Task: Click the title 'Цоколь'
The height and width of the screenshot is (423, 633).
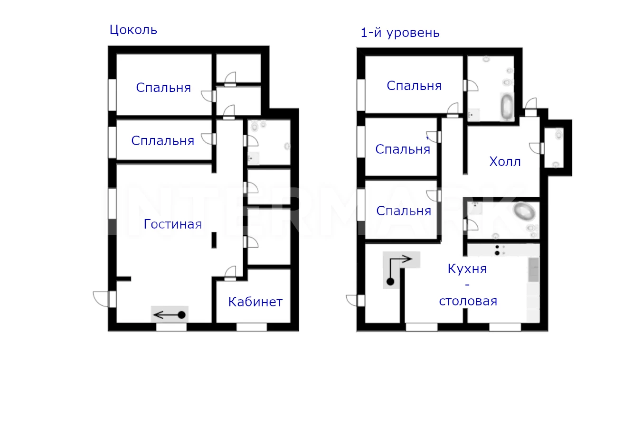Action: (133, 30)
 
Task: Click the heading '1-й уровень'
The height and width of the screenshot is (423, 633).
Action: (400, 33)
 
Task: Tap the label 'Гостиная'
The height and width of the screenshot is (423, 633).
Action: (173, 224)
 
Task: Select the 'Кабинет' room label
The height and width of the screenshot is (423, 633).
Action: (255, 302)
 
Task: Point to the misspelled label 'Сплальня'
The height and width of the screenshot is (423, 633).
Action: (163, 141)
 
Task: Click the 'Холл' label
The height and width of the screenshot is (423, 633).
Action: (505, 162)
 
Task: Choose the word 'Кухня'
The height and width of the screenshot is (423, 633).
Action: (467, 269)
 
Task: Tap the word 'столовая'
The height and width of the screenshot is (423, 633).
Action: (468, 302)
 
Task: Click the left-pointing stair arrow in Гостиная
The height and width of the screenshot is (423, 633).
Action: (169, 314)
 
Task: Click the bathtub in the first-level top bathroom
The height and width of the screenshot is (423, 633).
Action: (507, 107)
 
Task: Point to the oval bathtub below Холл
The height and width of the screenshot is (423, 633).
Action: (524, 211)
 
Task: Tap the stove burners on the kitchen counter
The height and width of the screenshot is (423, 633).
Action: (497, 250)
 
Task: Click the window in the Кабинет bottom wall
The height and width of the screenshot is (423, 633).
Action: (252, 327)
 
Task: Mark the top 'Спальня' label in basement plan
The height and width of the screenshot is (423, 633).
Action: (163, 88)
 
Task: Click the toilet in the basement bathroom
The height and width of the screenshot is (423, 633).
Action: (255, 126)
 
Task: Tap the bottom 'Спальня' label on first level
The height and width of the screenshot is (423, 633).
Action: (404, 211)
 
